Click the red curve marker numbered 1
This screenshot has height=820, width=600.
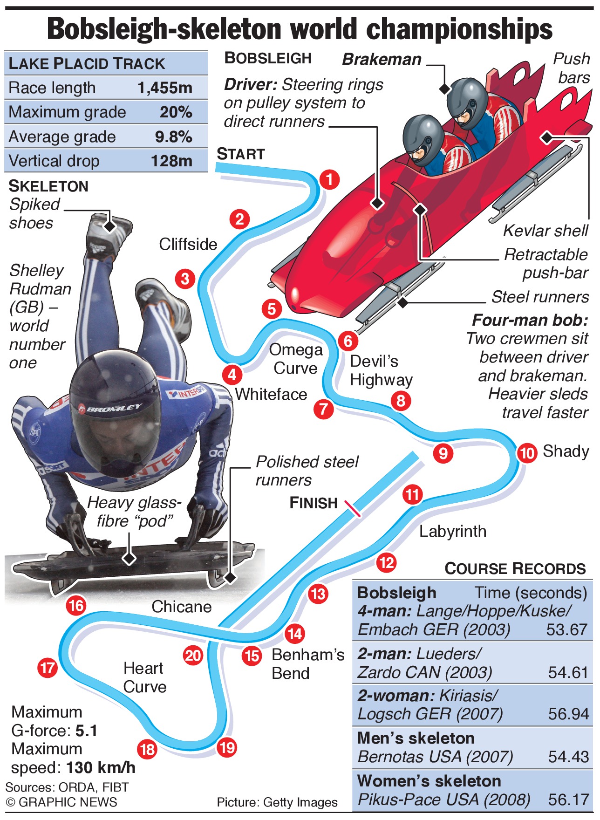(x=329, y=179)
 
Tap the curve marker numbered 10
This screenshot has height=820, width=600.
(x=527, y=453)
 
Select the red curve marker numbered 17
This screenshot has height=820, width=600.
(x=48, y=668)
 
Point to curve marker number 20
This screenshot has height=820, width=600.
(x=193, y=656)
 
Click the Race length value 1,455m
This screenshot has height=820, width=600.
(x=165, y=88)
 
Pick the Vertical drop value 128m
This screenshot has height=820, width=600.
(x=171, y=161)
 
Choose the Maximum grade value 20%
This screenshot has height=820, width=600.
(x=176, y=112)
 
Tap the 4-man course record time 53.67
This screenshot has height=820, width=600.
(x=566, y=629)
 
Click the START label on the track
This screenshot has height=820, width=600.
(x=241, y=154)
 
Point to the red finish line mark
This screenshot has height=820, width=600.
(x=352, y=508)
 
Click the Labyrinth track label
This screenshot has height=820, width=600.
(x=452, y=531)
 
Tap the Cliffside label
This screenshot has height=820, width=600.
(x=188, y=244)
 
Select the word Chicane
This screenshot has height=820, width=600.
(x=181, y=607)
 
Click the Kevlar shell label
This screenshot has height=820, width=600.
(x=545, y=231)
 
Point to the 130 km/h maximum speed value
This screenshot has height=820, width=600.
(x=101, y=767)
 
